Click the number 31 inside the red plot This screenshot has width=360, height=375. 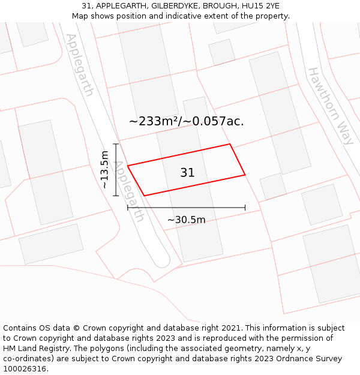pos(187,173)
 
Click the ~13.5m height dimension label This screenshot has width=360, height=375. pos(105,174)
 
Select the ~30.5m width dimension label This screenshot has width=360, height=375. pos(186,220)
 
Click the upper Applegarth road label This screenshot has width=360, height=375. pos(80,65)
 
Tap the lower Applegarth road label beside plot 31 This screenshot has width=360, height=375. pos(129,191)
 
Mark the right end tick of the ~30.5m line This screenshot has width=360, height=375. pos(245,208)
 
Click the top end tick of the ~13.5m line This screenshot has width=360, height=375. pos(116,144)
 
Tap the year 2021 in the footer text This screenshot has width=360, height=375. pos(230,328)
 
